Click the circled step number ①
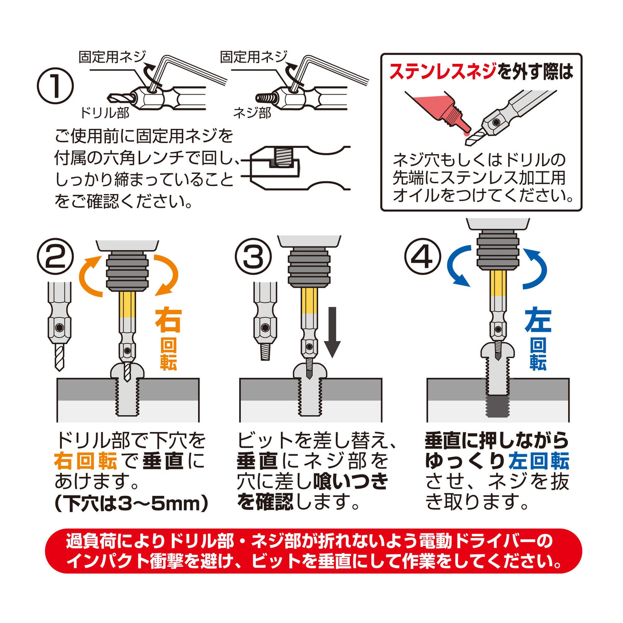(55, 85)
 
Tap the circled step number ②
(55, 259)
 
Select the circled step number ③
(253, 259)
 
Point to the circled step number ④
(423, 259)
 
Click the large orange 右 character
(168, 320)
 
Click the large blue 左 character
(538, 320)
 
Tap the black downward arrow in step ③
(332, 332)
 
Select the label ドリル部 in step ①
(104, 113)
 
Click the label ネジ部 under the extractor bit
(252, 113)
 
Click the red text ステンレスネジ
(442, 72)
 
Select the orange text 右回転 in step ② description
(85, 462)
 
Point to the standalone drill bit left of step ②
(60, 327)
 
